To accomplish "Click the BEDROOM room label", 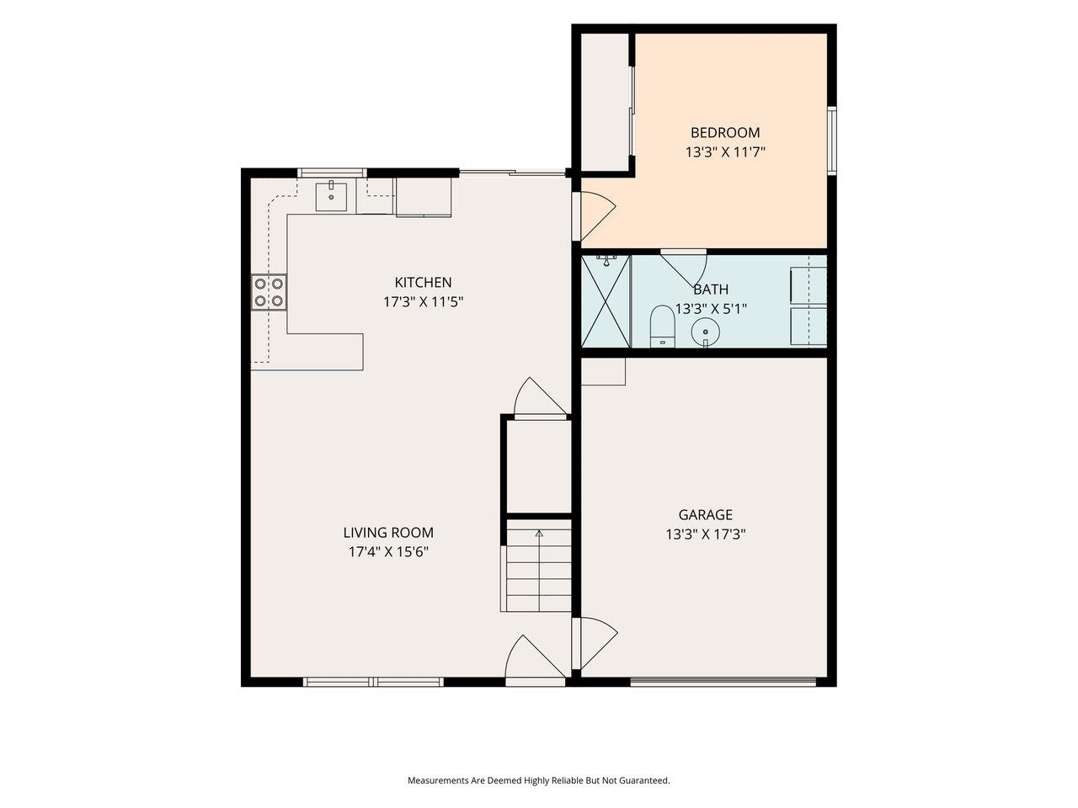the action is tap(725, 132).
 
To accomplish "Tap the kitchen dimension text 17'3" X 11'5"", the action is tap(423, 301).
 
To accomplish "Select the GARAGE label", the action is tap(705, 514).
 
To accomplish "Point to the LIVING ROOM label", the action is tap(388, 532).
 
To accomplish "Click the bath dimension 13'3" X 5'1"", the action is tap(711, 309).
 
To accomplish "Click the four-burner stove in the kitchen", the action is tap(269, 292).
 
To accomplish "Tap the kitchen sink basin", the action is tap(331, 196).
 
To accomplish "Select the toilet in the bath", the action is tap(661, 327).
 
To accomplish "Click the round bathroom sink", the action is tap(705, 332).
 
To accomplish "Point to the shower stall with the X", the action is tap(606, 301).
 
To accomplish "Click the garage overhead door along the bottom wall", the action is tap(723, 681).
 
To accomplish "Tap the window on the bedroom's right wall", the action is tap(831, 141).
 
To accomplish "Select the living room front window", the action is tap(373, 682).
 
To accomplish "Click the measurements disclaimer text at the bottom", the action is tap(539, 780).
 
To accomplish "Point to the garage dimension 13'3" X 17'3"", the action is tap(706, 534).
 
